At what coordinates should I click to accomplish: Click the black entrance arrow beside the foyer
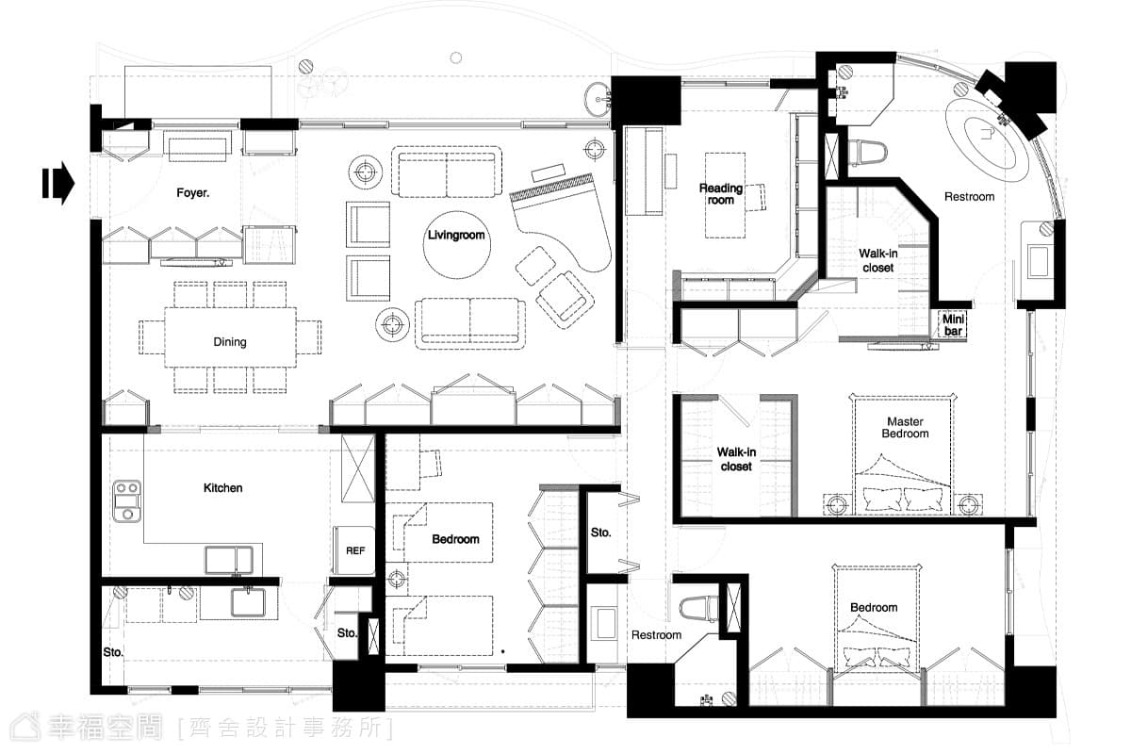tap(58, 183)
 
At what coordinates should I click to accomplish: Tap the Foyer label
tap(193, 193)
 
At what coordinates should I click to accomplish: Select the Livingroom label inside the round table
tap(456, 235)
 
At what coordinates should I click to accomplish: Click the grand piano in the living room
tap(561, 222)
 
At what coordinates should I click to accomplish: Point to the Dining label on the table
tap(230, 342)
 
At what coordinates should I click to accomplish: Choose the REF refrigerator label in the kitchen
tap(355, 551)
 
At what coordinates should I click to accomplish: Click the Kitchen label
tap(222, 488)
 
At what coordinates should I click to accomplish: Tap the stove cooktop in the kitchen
tap(126, 501)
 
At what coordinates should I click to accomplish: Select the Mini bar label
tap(953, 325)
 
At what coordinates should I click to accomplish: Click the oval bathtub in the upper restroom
tap(987, 139)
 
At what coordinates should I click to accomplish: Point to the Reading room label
tap(720, 194)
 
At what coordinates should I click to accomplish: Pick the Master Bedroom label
tap(905, 427)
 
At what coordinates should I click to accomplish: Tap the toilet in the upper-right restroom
tap(867, 152)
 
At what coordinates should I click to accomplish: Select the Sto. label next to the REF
tap(347, 632)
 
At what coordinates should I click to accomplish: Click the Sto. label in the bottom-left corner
tap(112, 652)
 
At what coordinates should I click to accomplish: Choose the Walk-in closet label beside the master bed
tap(736, 459)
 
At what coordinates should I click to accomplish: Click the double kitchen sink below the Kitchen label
tap(229, 560)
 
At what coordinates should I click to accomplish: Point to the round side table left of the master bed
tap(837, 504)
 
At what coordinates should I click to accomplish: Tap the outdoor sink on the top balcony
tap(598, 100)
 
